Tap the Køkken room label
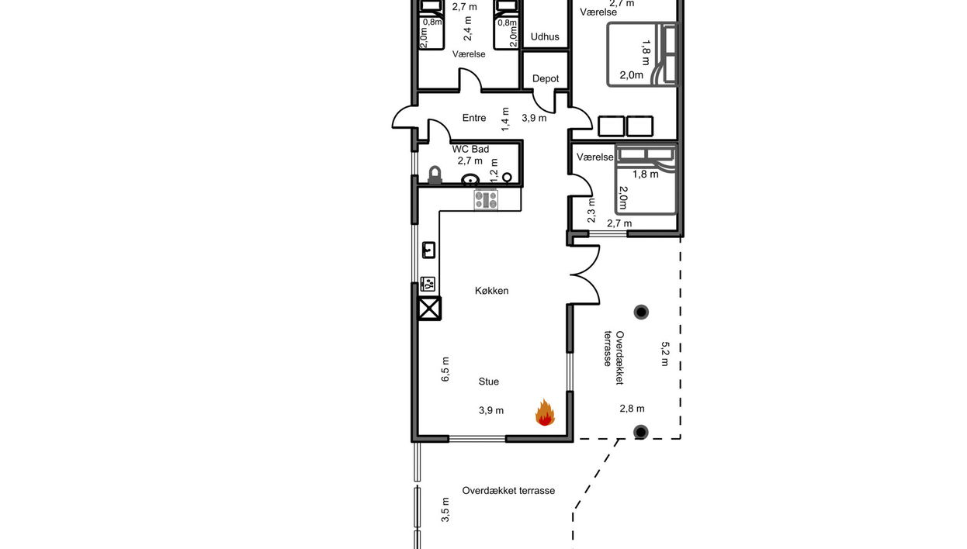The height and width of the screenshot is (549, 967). pyautogui.click(x=491, y=291)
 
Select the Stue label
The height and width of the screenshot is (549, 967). pyautogui.click(x=488, y=382)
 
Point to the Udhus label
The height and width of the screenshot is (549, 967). pyautogui.click(x=545, y=36)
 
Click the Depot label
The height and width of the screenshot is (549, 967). pyautogui.click(x=546, y=78)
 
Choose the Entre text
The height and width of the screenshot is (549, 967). pyautogui.click(x=474, y=118)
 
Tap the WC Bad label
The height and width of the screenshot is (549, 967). pyautogui.click(x=470, y=149)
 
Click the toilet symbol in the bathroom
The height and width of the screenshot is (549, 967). pyautogui.click(x=435, y=175)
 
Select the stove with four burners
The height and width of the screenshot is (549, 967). pyautogui.click(x=486, y=199)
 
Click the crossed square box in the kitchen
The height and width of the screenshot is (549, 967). pyautogui.click(x=429, y=309)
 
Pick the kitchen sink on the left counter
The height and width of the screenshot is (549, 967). pyautogui.click(x=428, y=250)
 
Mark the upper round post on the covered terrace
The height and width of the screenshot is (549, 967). pyautogui.click(x=641, y=312)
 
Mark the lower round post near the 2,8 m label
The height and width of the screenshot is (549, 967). pyautogui.click(x=640, y=432)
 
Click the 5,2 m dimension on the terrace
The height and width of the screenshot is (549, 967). pyautogui.click(x=664, y=354)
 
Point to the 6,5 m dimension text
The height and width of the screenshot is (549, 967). pyautogui.click(x=445, y=369)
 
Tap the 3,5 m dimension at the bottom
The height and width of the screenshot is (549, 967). pyautogui.click(x=445, y=509)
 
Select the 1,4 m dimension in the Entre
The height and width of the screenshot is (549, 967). pyautogui.click(x=505, y=119)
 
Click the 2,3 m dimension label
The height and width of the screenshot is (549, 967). pyautogui.click(x=591, y=210)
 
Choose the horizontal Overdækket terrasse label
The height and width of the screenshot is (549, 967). pyautogui.click(x=508, y=491)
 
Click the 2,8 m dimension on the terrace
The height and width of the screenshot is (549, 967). pyautogui.click(x=632, y=409)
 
